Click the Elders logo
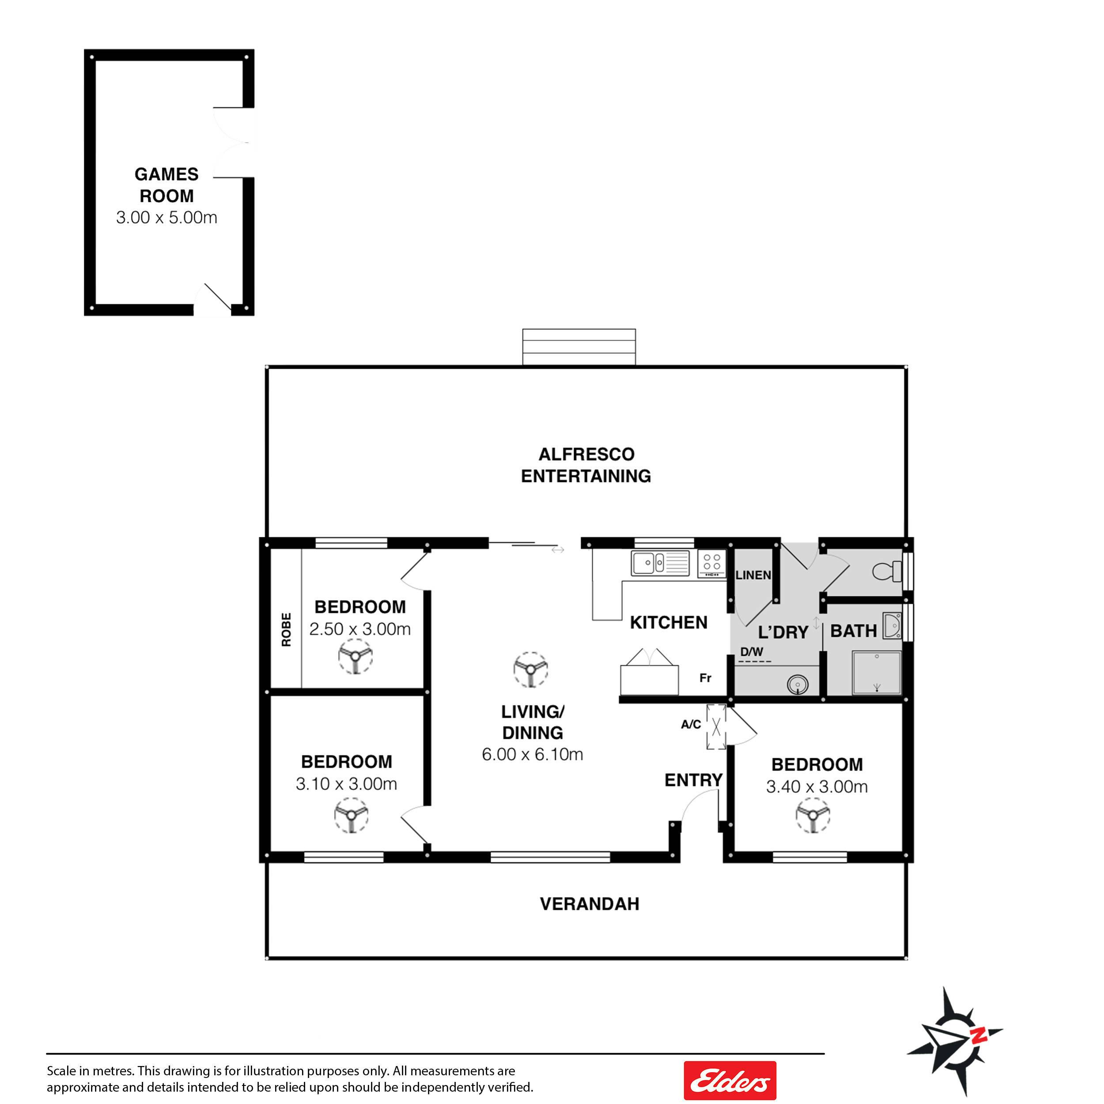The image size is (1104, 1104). click(730, 1080)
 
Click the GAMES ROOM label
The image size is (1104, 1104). click(166, 185)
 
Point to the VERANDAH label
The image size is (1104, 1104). click(589, 904)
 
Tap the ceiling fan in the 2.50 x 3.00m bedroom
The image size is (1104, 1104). click(355, 656)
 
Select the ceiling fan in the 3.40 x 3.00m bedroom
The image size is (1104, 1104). click(813, 814)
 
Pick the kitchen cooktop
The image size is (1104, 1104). click(712, 563)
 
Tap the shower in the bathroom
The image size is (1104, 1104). click(877, 673)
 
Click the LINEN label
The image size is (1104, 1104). click(753, 575)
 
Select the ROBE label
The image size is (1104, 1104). click(286, 630)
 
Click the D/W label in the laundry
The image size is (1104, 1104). click(752, 651)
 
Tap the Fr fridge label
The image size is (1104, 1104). click(706, 678)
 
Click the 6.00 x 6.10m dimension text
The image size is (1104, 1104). click(532, 754)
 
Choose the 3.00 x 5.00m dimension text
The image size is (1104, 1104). click(166, 217)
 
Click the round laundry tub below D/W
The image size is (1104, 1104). click(797, 684)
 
